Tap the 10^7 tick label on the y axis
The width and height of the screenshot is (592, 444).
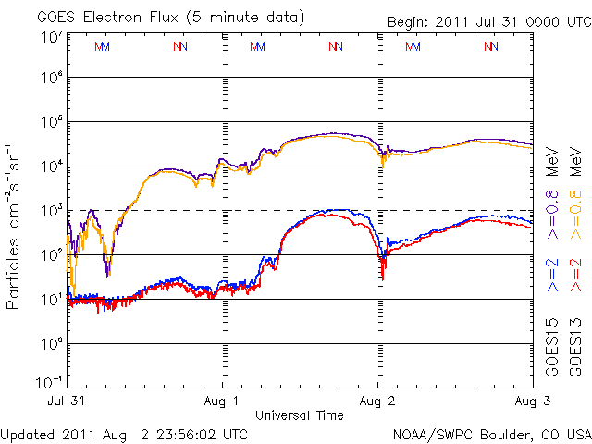point(50,37)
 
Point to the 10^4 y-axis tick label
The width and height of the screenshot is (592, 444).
point(50,166)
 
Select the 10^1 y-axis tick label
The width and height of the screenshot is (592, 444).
point(50,300)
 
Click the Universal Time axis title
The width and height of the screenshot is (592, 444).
point(300,415)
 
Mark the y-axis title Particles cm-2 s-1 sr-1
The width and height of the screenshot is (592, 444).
point(15,227)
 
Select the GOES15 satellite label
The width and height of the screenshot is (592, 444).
point(551,343)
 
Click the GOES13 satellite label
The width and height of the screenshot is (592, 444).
point(574,343)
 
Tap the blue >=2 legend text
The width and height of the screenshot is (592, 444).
point(551,275)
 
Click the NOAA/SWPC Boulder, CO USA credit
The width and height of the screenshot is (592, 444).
point(491,433)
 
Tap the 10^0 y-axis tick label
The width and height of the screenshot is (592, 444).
point(50,344)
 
